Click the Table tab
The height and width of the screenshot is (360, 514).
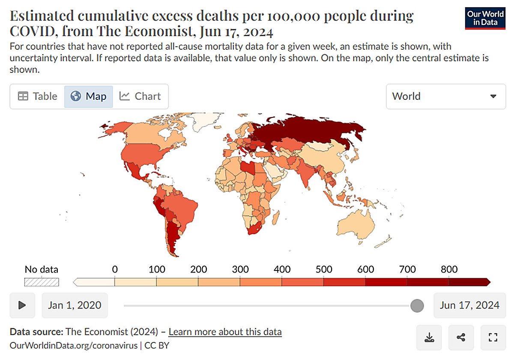pyautogui.click(x=37, y=96)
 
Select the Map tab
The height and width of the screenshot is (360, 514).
pyautogui.click(x=89, y=96)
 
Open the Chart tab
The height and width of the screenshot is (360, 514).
pyautogui.click(x=140, y=96)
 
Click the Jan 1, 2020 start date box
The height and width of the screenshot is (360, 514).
pyautogui.click(x=75, y=305)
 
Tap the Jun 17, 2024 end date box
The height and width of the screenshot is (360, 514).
pyautogui.click(x=469, y=305)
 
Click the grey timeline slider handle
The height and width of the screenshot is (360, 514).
pyautogui.click(x=417, y=306)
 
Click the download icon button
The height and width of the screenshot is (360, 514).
pyautogui.click(x=429, y=337)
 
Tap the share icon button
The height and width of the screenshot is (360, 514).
pyautogui.click(x=461, y=337)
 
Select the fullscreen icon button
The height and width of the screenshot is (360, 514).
pyautogui.click(x=493, y=337)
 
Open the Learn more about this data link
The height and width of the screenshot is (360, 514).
pyautogui.click(x=225, y=332)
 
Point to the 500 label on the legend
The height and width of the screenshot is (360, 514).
pyautogui.click(x=324, y=270)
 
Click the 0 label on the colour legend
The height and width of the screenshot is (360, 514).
pyautogui.click(x=115, y=270)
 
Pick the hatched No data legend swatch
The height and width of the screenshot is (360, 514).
pyautogui.click(x=42, y=282)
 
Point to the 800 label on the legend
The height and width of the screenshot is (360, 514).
pyautogui.click(x=449, y=270)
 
